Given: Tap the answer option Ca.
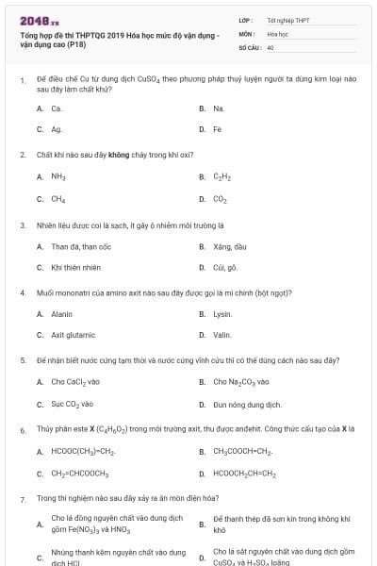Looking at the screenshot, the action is coord(57,108).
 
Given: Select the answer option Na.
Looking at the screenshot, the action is coord(219,108).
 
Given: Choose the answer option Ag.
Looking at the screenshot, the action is coord(57,129).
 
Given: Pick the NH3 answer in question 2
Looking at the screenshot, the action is coord(58,176).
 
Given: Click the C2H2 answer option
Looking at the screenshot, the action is coord(222,176).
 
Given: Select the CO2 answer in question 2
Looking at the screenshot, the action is coord(221,199).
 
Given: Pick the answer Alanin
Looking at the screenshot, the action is coord(61,313).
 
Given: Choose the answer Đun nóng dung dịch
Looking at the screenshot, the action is coord(247,404).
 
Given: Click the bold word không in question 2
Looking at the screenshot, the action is coord(118,154).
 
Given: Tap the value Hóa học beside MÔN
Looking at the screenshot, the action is coord(277,32).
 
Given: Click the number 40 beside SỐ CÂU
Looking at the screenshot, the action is coord(270,46).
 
